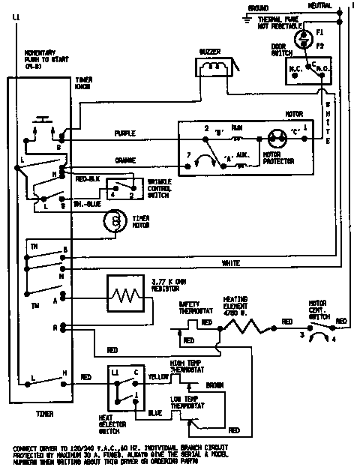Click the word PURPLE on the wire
(125, 134)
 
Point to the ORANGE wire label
(125, 160)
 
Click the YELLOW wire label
(157, 376)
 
